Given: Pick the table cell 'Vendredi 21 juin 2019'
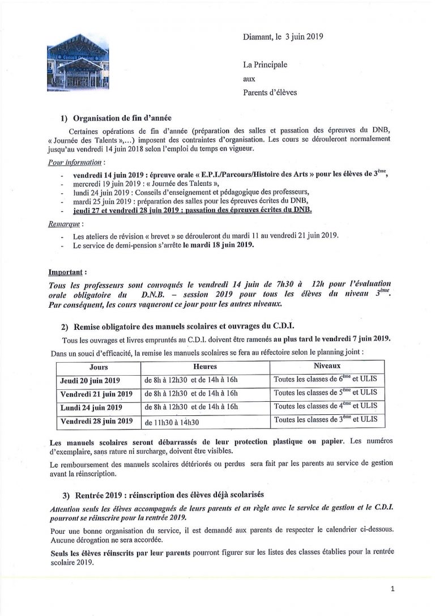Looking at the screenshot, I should (96, 393).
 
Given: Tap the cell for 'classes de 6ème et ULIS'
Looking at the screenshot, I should (321, 379).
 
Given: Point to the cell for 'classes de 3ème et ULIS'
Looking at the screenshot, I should (321, 420).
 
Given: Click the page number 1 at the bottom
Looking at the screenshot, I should (393, 590).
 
